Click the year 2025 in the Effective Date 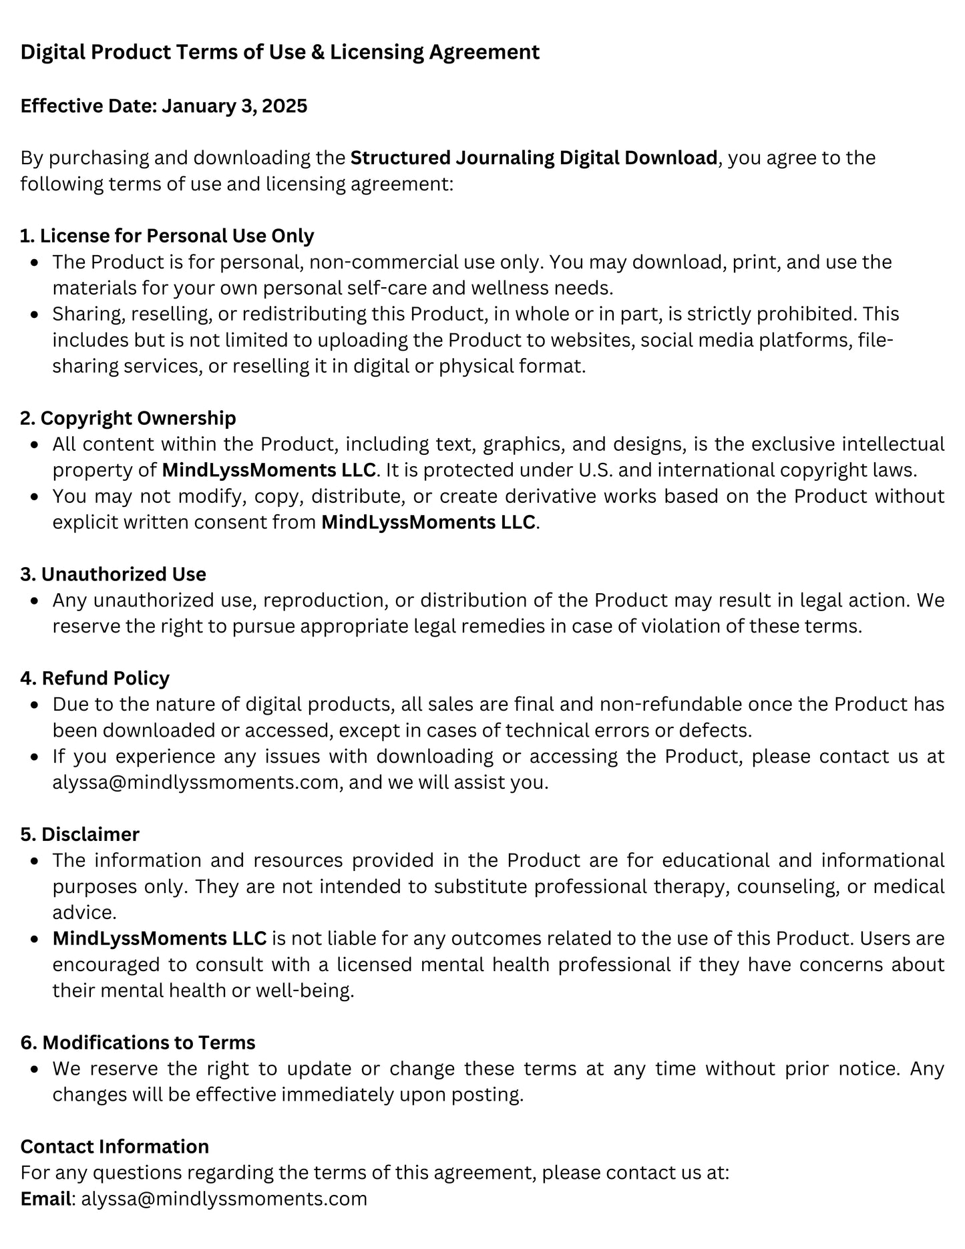click(285, 106)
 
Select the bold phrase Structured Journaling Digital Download click(534, 158)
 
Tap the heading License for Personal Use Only click(167, 236)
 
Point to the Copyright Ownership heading click(128, 418)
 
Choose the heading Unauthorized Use click(114, 574)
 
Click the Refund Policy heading click(95, 678)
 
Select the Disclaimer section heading click(80, 834)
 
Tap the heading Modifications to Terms click(138, 1043)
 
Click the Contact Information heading click(115, 1146)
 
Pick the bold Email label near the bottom click(45, 1199)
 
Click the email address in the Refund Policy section click(196, 782)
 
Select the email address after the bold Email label click(224, 1199)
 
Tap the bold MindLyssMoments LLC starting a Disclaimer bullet click(160, 938)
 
